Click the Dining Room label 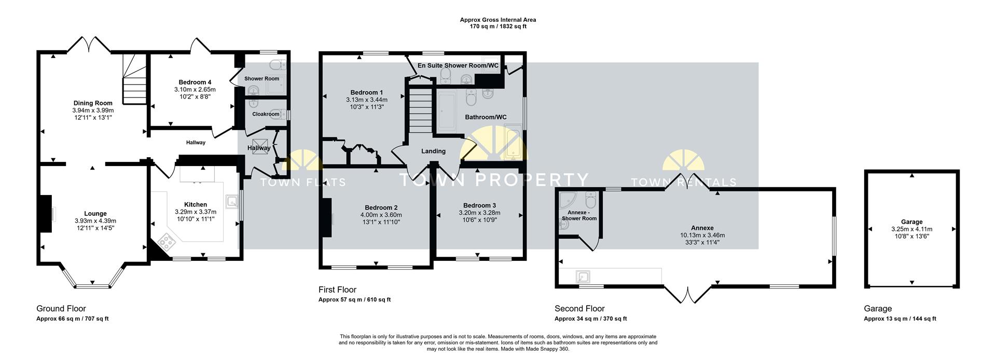point(93,103)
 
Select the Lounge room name point(95,214)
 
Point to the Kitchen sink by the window point(231,201)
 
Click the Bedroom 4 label point(195,82)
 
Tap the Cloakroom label point(266,114)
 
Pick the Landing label point(433,151)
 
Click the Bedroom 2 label point(381,207)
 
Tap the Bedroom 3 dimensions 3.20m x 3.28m point(479,213)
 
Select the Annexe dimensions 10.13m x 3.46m point(702,235)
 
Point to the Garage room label point(911,222)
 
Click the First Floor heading point(337,290)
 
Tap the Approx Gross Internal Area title point(498,20)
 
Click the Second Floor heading point(579,309)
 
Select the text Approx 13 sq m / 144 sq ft point(900,319)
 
